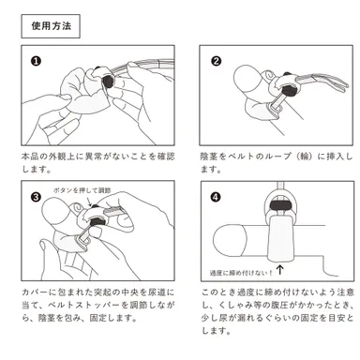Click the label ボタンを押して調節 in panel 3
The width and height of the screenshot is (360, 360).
(84, 190)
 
